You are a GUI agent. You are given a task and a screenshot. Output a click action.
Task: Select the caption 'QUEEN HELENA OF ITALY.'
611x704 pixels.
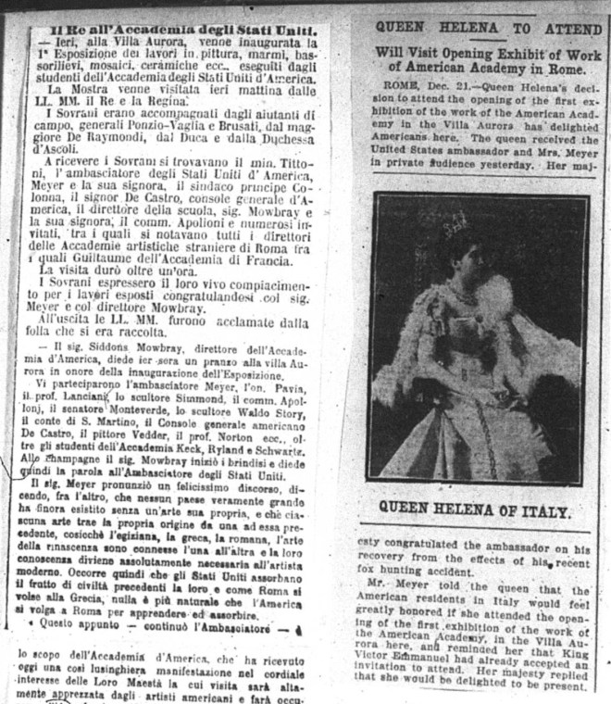pyautogui.click(x=475, y=510)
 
